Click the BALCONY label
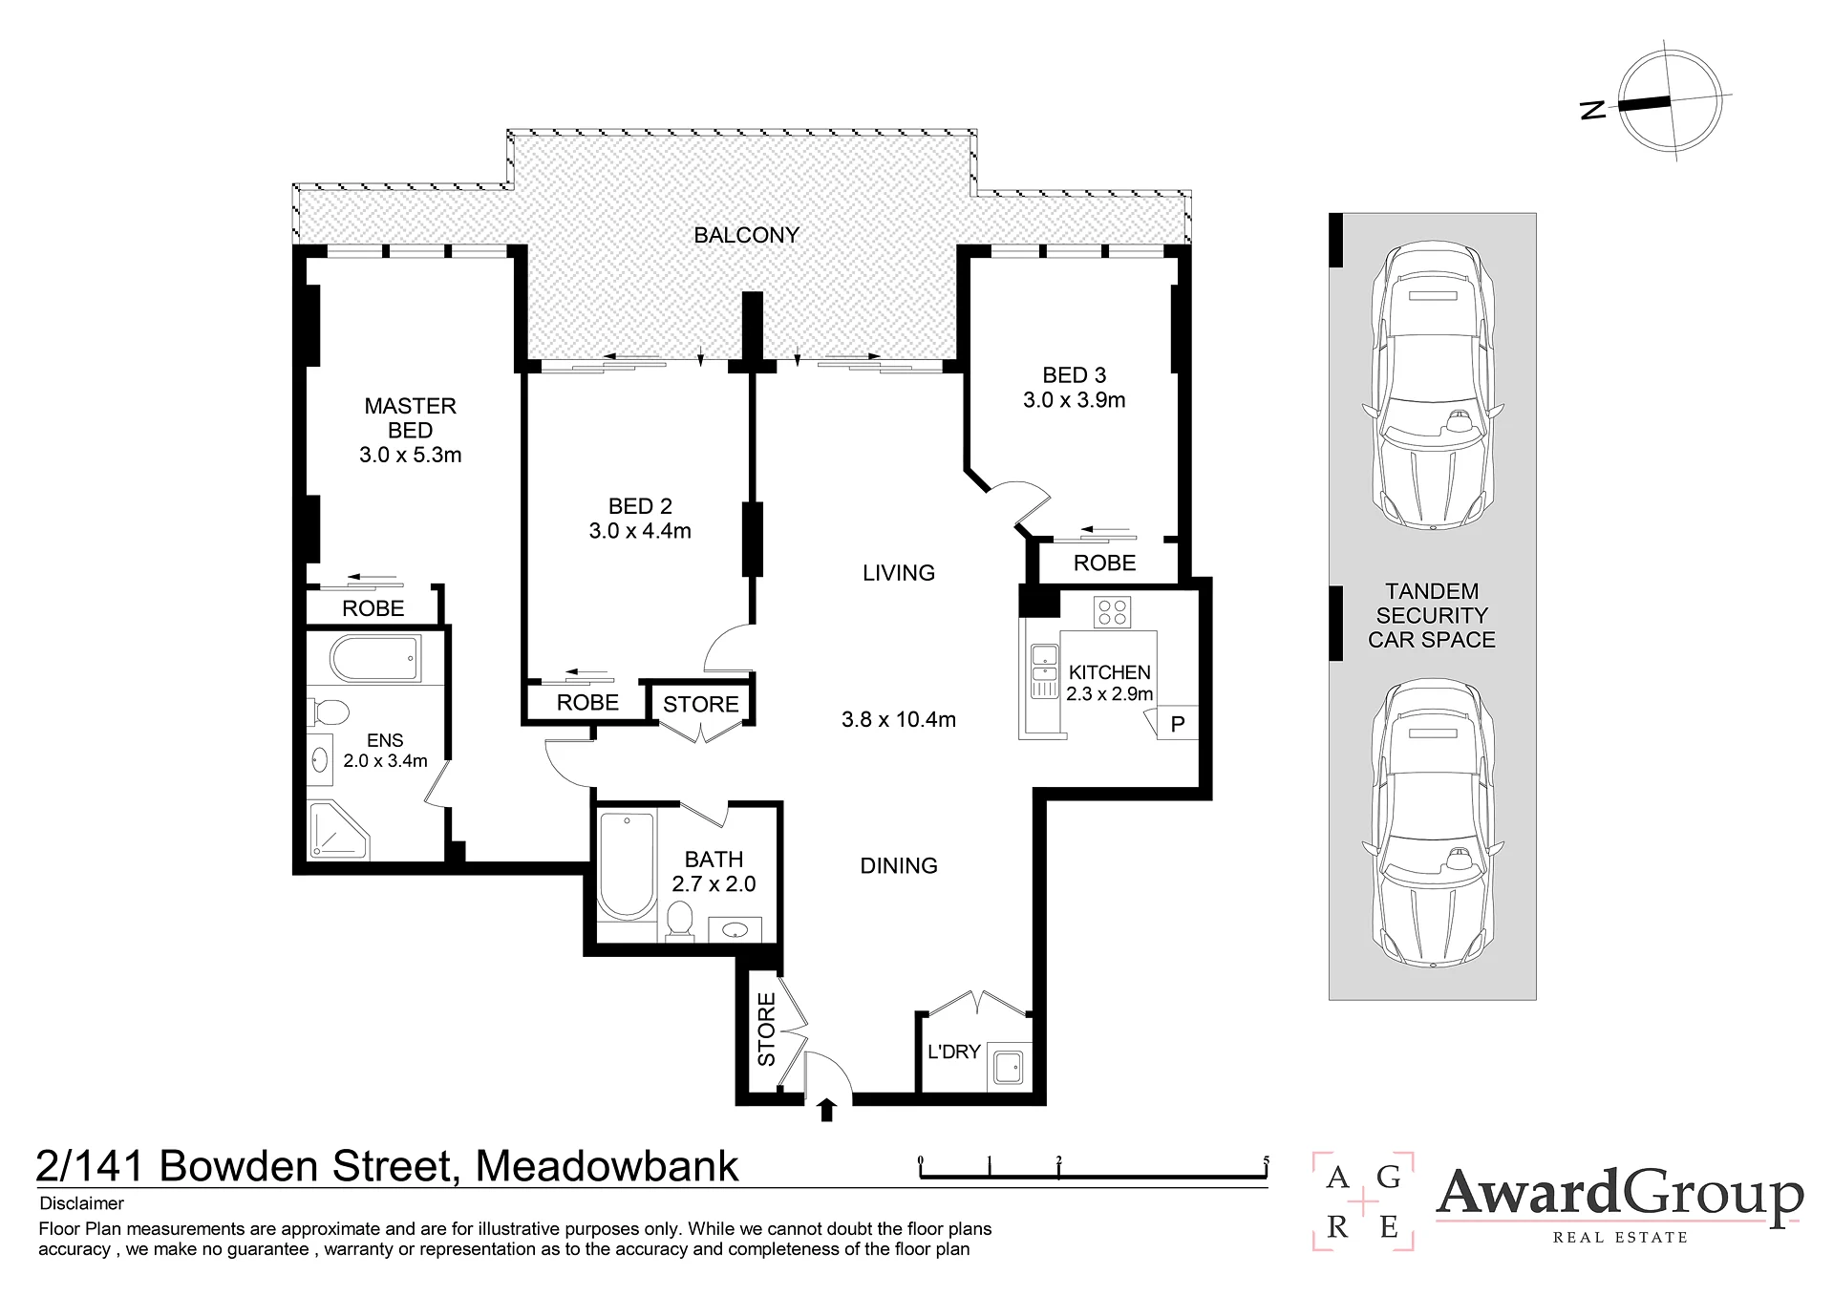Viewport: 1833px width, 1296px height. pos(746,235)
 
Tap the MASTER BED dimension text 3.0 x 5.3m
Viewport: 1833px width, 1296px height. pos(411,456)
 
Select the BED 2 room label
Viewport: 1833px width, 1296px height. pos(640,506)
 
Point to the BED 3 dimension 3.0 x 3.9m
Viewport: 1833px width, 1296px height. pos(1075,400)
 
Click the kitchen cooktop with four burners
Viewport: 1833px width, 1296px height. pos(1113,611)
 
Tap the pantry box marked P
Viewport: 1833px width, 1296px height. pos(1177,723)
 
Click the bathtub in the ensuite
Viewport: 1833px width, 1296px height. pos(375,659)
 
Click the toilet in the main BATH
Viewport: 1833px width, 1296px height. pos(679,921)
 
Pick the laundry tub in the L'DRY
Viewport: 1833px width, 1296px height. pos(1009,1066)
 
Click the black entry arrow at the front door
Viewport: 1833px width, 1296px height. pos(827,1110)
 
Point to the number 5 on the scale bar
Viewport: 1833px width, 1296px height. pos(1267,1161)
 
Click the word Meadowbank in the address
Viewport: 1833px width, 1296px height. pos(607,1166)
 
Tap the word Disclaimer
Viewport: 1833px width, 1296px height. pos(82,1203)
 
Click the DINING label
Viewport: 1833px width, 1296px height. pos(899,866)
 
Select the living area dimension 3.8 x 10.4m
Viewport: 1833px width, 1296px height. pos(899,720)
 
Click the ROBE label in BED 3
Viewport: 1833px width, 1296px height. pos(1105,563)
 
